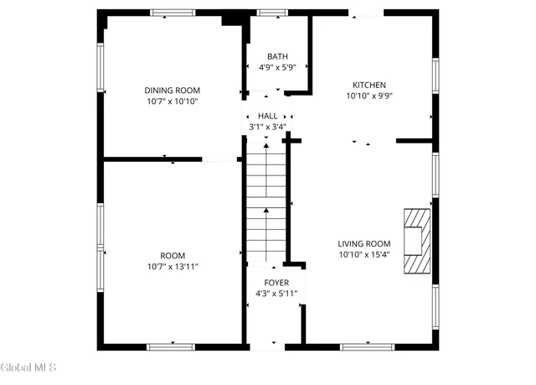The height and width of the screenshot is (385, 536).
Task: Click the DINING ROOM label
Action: tap(173, 91)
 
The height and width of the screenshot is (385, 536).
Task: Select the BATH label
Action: tap(277, 56)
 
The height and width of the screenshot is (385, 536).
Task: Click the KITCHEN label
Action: tap(368, 85)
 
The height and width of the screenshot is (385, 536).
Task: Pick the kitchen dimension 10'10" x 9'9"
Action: tap(368, 96)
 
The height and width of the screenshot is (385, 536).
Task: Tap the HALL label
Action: tap(268, 116)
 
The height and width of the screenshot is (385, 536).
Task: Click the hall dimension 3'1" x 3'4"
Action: tap(268, 127)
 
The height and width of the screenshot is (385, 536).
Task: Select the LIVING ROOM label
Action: tap(364, 243)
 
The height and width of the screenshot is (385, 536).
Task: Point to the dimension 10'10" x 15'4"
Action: tap(364, 254)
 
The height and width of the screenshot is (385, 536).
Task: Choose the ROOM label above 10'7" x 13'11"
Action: tap(173, 255)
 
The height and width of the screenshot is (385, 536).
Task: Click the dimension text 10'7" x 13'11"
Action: tap(173, 266)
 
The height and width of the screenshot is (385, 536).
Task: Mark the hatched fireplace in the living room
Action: tap(415, 242)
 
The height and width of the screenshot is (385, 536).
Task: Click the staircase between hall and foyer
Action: tap(266, 201)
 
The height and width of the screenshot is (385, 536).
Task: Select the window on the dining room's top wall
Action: tap(173, 12)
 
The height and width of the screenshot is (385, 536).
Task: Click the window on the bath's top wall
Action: tap(271, 12)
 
